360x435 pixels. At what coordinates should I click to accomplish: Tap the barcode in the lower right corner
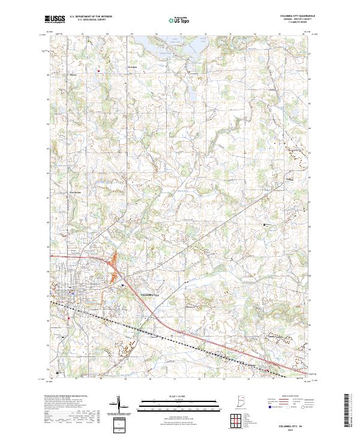click(x=347, y=411)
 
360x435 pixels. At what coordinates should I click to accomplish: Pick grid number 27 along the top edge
click(x=82, y=34)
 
